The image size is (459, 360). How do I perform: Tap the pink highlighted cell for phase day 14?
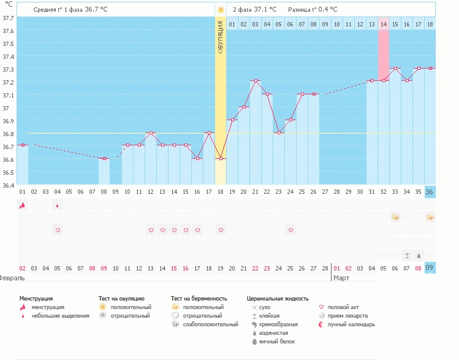click(384, 24)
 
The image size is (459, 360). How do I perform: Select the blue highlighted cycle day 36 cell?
click(430, 192)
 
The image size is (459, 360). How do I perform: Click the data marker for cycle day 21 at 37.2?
click(256, 81)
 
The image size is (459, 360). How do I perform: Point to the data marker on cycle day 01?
click(23, 145)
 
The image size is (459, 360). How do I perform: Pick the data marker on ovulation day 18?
click(221, 158)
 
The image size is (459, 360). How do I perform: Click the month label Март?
click(341, 278)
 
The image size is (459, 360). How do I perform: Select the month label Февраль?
click(12, 278)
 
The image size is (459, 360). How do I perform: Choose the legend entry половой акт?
click(344, 307)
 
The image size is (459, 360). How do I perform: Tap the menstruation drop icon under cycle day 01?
click(23, 205)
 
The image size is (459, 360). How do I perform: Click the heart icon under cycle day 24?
click(290, 230)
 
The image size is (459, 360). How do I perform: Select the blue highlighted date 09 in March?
click(430, 267)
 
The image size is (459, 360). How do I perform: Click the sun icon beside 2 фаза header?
click(221, 10)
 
